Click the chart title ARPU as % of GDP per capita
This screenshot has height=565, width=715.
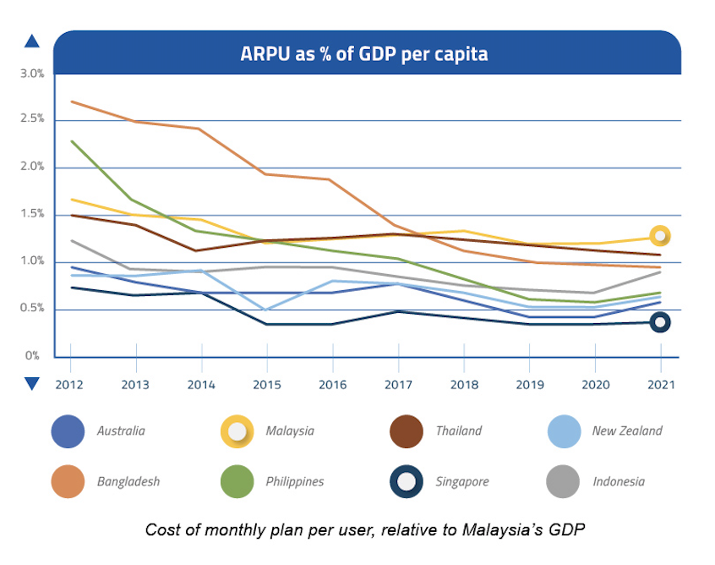364,54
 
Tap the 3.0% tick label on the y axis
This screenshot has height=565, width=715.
31,74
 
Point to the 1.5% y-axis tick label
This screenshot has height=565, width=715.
31,214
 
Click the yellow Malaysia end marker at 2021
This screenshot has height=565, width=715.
660,236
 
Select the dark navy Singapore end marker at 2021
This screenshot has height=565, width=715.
660,321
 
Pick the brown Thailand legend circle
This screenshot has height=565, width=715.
407,431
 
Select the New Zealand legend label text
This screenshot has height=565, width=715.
627,431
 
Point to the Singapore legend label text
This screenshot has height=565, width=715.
461,481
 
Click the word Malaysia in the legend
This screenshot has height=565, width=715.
290,431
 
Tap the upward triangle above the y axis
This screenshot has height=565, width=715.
32,41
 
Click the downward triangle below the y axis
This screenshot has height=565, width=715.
32,384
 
